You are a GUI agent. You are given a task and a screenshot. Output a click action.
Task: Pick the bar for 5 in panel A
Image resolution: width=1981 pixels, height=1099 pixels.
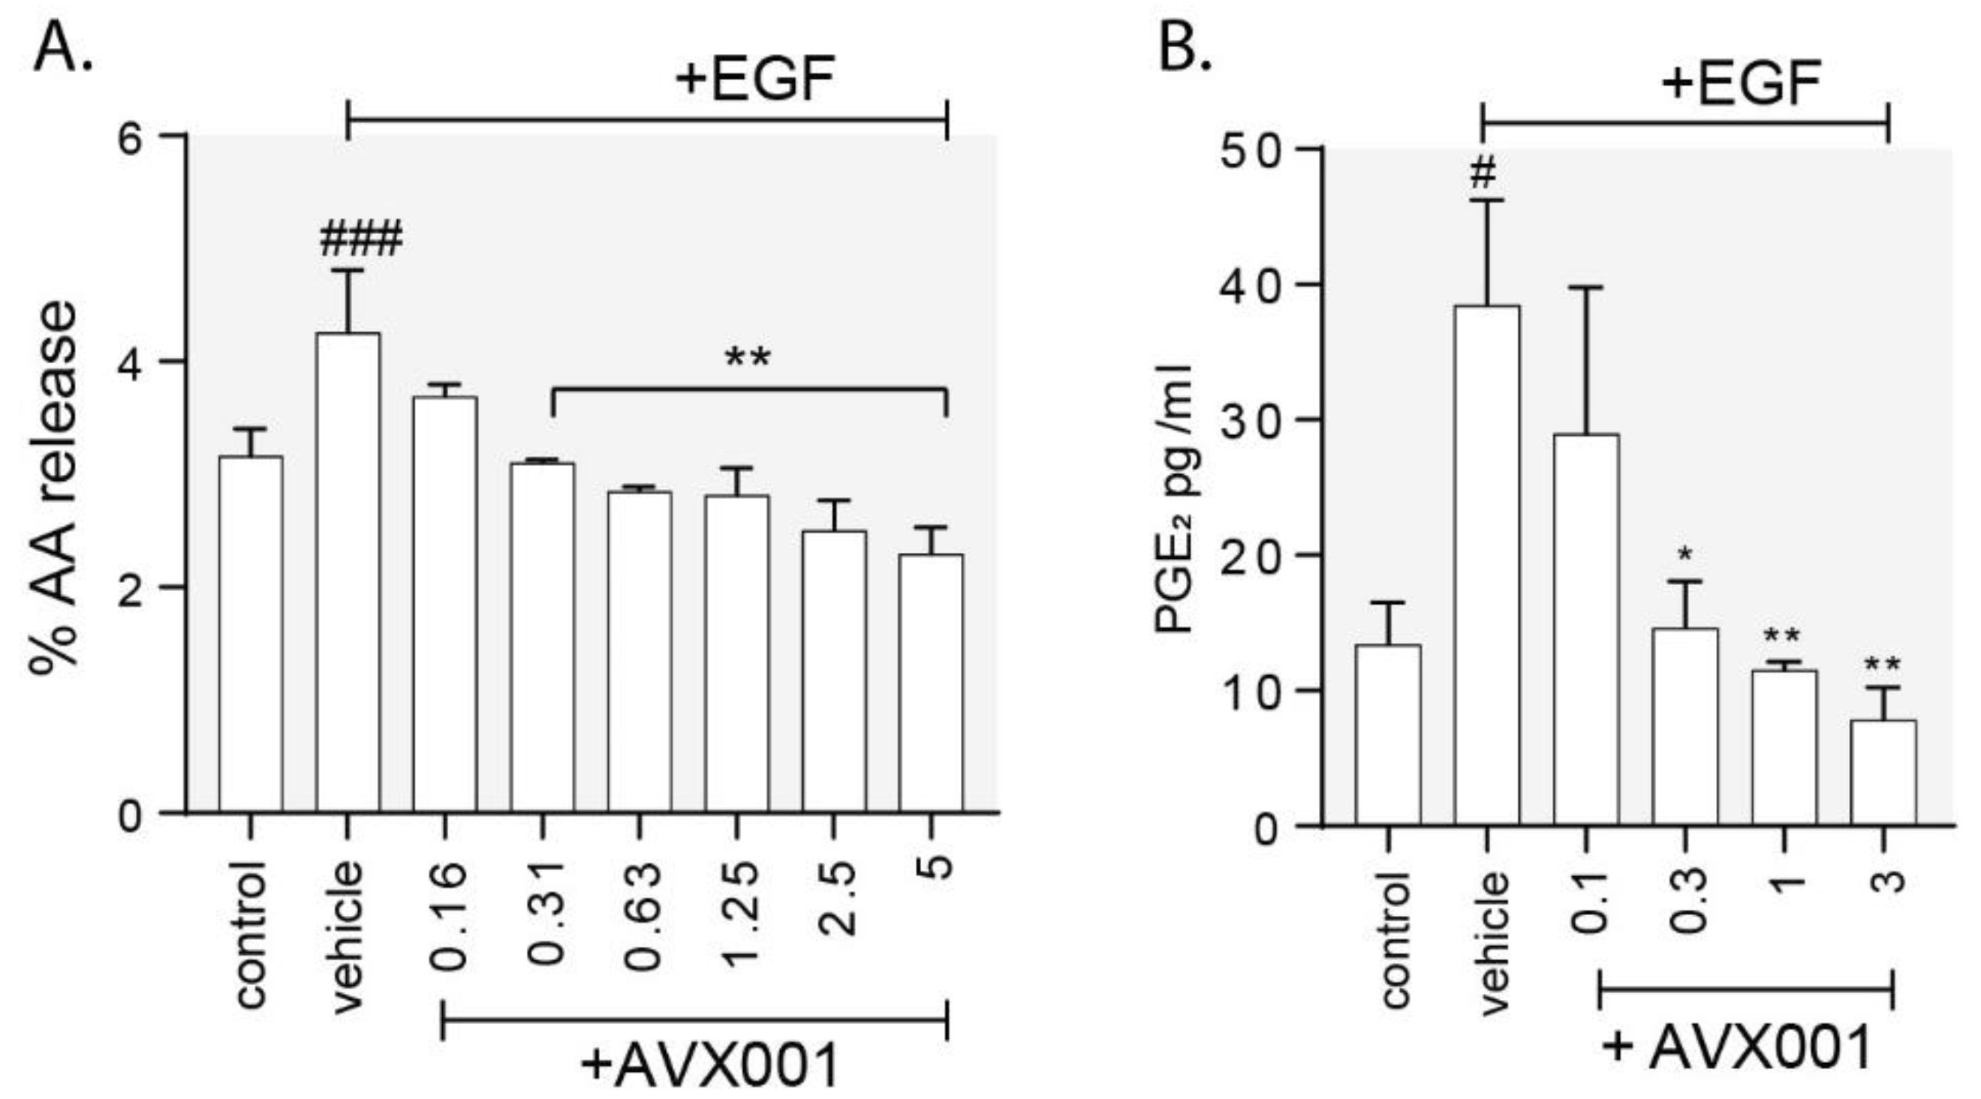coord(932,683)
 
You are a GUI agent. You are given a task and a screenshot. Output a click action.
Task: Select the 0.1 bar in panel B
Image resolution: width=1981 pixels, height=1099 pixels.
coord(1586,630)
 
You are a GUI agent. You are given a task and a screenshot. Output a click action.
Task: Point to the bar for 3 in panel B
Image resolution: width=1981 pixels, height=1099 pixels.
coord(1883,773)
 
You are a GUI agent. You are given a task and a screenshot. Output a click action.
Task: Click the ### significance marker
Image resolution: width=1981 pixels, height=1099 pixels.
coord(360,239)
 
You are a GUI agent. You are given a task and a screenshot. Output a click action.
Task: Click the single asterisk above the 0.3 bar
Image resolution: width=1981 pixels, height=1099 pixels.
coord(1686,554)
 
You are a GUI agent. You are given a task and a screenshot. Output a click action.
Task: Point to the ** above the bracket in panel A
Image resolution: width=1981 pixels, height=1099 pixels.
coord(748,358)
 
